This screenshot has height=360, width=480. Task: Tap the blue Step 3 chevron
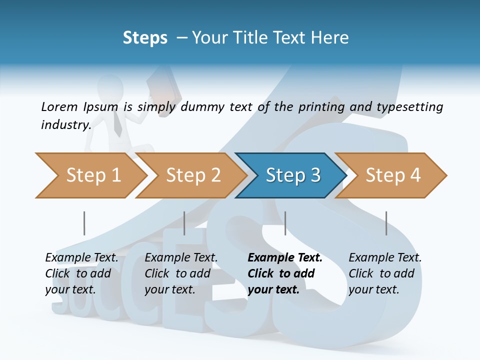[x=292, y=175]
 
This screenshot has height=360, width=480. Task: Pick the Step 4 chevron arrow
[x=392, y=175]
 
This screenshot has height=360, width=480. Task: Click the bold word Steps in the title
[x=145, y=38]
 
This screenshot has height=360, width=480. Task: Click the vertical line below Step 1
[x=84, y=223]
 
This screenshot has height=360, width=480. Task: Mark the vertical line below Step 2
[x=184, y=223]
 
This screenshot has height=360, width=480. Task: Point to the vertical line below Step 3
[x=285, y=223]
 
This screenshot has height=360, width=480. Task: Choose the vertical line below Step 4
[x=386, y=223]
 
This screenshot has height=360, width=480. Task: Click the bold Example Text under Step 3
[x=285, y=258]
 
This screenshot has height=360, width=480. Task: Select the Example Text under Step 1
[x=81, y=258]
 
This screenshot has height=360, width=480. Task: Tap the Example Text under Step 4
[x=385, y=258]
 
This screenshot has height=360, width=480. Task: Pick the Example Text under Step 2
[x=181, y=258]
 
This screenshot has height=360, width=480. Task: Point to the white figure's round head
[x=111, y=87]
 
